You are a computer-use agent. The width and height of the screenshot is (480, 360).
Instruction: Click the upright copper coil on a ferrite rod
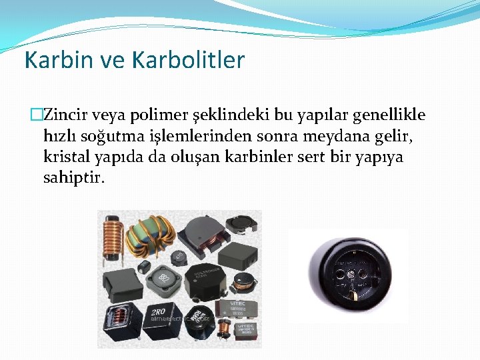pos(112,239)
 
